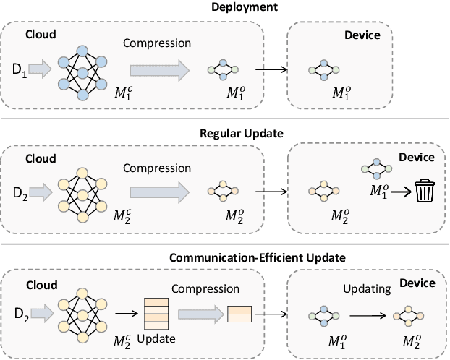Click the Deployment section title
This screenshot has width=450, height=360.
coord(225,7)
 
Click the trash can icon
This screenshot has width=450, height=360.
coord(425,194)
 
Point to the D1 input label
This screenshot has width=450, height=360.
coord(21,70)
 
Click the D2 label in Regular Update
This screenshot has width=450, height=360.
coord(21,194)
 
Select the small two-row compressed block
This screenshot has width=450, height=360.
coord(239,314)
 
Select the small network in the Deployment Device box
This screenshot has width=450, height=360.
coord(323,70)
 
